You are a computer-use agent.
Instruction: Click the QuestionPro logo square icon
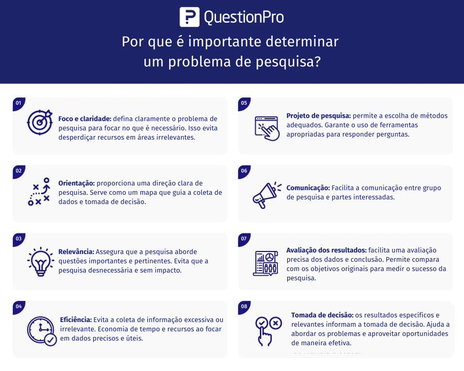click(x=189, y=16)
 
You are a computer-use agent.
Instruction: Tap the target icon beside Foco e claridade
click(x=40, y=122)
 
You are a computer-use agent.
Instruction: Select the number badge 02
click(x=19, y=171)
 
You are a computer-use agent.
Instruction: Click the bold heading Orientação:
click(x=76, y=183)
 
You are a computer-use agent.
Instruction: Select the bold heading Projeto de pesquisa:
click(x=319, y=115)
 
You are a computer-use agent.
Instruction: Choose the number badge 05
click(x=244, y=103)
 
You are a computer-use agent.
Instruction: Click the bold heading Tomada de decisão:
click(x=322, y=315)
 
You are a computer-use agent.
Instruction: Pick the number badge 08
click(x=244, y=307)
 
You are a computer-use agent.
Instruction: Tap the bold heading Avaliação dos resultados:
click(x=326, y=250)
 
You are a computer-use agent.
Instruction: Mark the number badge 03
click(x=19, y=239)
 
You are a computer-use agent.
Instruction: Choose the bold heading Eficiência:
click(x=76, y=319)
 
